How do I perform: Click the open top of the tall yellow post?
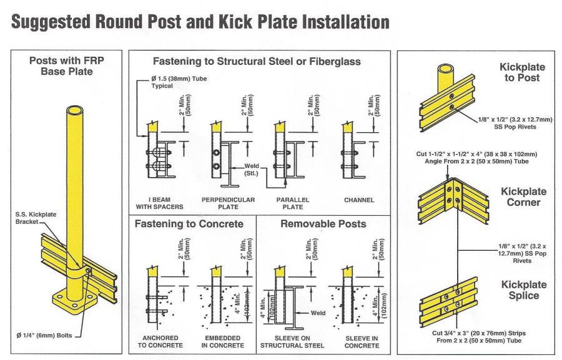pos(73,112)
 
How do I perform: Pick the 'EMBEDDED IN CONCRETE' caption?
pos(223,343)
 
